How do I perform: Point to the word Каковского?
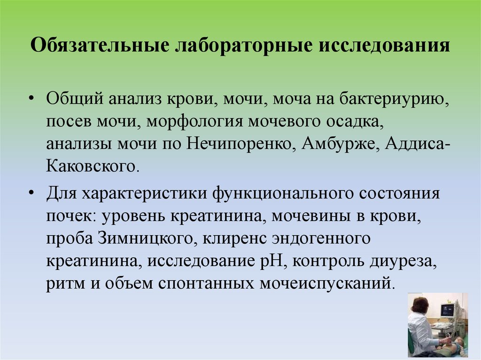click(92, 166)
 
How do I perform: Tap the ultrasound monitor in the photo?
click(447, 310)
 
